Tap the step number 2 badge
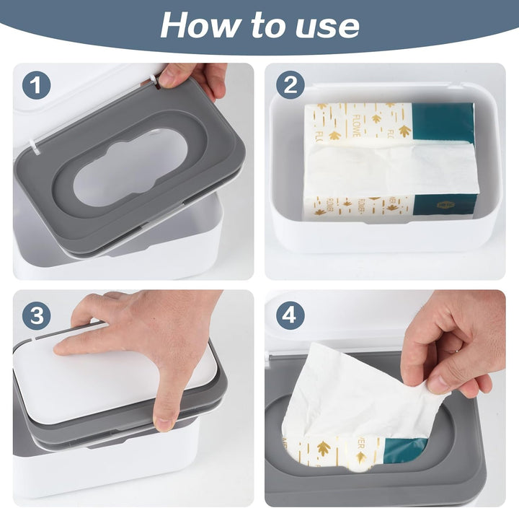(x=290, y=85)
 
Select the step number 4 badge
(x=290, y=315)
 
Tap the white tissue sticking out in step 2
(x=389, y=170)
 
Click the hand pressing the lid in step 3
(x=144, y=325)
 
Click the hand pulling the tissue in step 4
(x=454, y=339)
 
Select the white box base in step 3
(x=108, y=469)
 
